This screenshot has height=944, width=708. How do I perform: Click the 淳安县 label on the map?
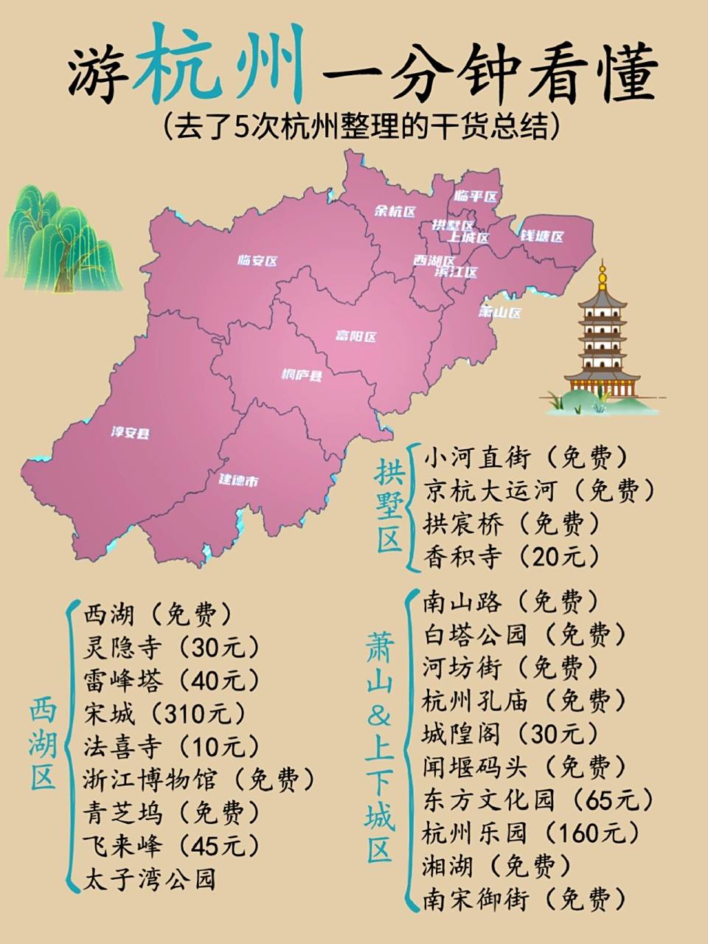point(130,432)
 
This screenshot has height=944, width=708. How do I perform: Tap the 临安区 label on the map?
point(257,260)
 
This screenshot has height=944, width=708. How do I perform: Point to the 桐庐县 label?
point(302,375)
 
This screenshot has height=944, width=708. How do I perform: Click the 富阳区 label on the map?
point(356,336)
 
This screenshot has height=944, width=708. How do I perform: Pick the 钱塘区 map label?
point(542,237)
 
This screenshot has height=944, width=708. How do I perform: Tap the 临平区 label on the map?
point(476,196)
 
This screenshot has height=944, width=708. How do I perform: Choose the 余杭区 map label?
point(396,211)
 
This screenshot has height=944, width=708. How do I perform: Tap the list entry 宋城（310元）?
point(164,713)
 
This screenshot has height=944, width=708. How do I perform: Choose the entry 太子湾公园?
point(150,879)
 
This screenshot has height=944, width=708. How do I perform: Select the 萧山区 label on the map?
point(500,312)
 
